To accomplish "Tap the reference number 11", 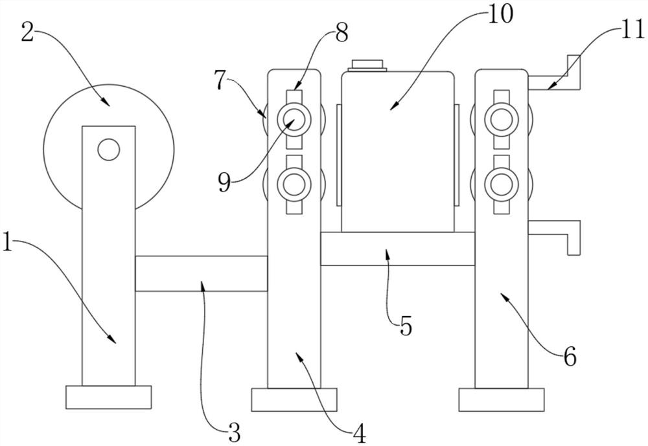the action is point(631,30).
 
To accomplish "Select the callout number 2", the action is point(27,31).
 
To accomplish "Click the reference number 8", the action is point(341,32).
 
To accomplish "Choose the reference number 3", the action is point(235,432).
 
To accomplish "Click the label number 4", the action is point(359,434).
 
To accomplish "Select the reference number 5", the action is point(406,326).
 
